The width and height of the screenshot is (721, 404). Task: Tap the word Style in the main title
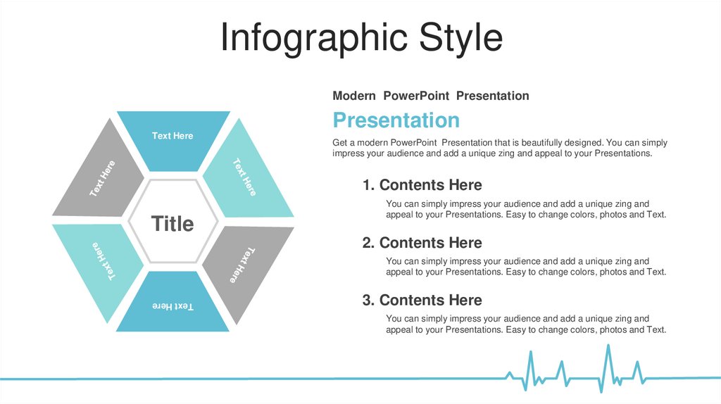[461, 38]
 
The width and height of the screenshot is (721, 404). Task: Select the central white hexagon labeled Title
[173, 222]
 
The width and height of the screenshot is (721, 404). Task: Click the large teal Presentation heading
[396, 120]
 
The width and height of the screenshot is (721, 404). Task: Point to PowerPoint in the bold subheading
[416, 96]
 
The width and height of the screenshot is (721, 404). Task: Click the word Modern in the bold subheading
[354, 96]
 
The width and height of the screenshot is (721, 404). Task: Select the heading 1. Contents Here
[422, 185]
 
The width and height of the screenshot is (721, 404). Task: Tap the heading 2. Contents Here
[422, 243]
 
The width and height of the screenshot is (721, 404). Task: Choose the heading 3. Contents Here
[422, 300]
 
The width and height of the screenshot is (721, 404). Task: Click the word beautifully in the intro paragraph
[542, 143]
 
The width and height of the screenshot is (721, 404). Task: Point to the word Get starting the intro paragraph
[339, 143]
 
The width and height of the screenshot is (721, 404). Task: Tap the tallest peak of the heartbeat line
[608, 345]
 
